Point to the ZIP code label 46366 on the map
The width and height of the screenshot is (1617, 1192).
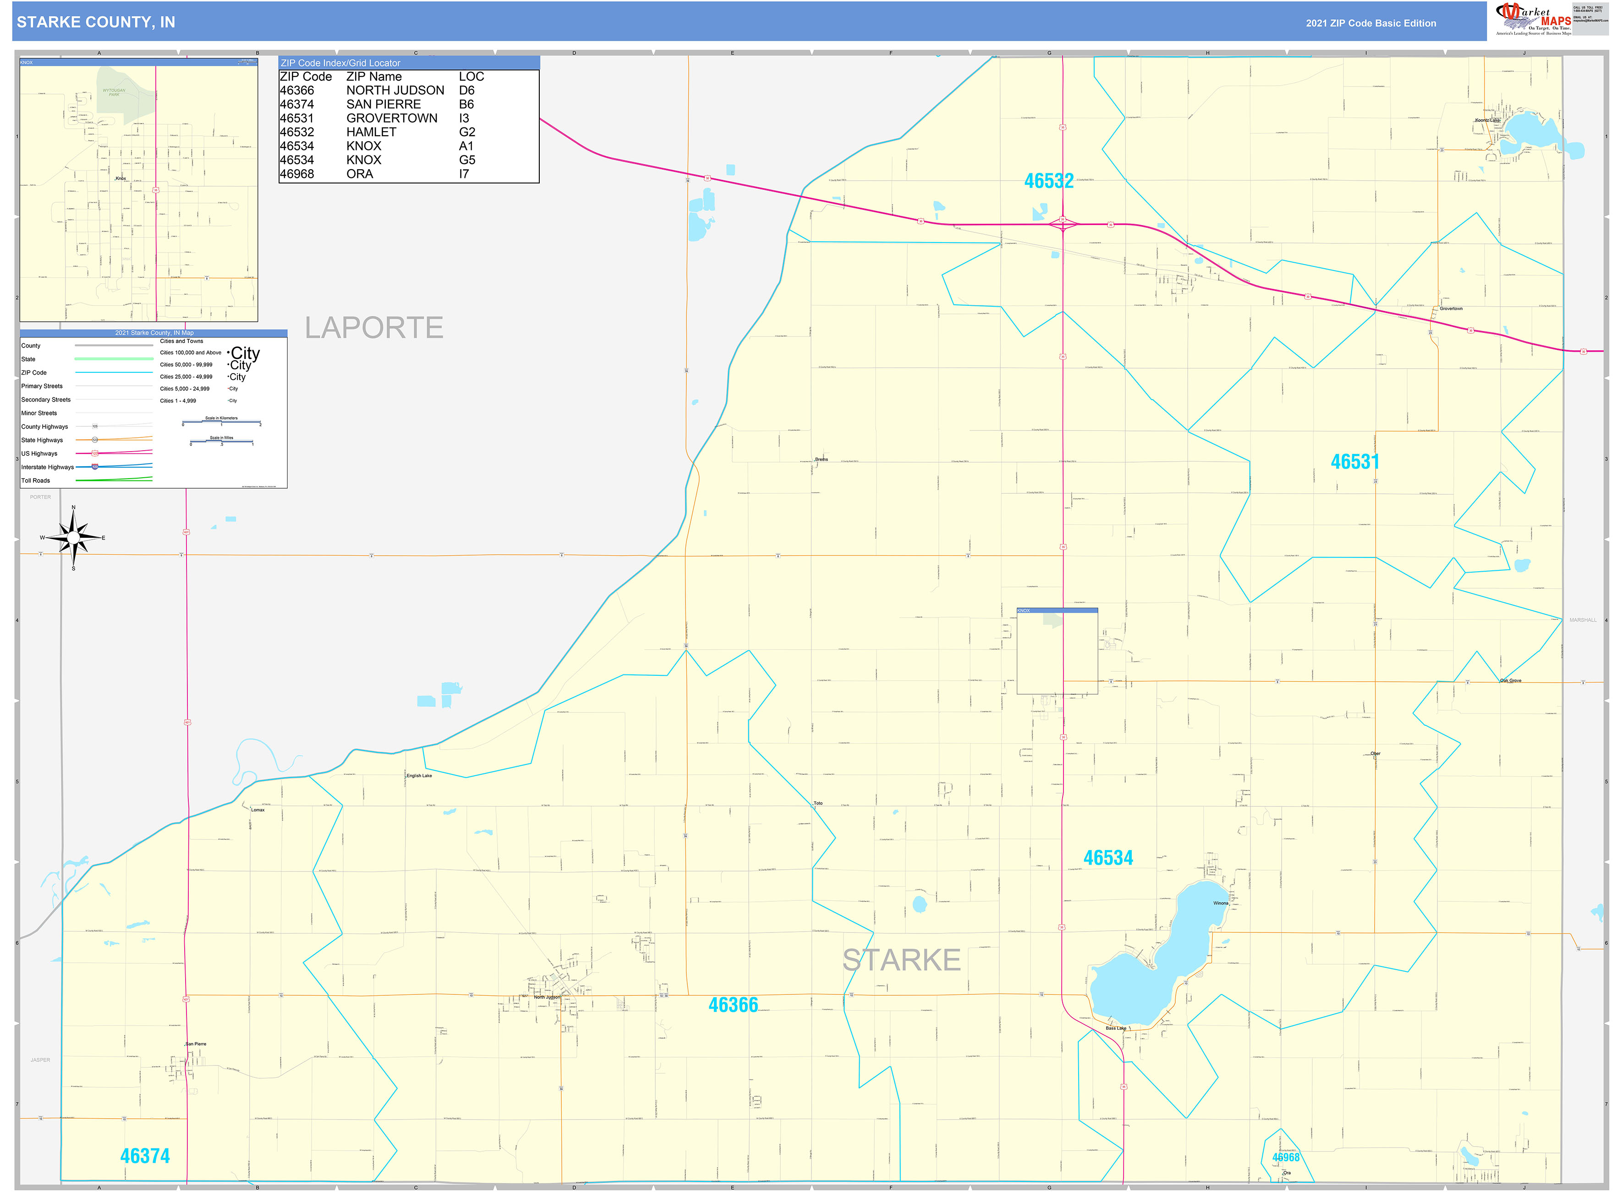[733, 1005]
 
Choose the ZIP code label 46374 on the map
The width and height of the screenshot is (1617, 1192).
[145, 1156]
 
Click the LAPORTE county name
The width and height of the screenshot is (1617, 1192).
[373, 328]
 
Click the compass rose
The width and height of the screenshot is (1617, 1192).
[74, 538]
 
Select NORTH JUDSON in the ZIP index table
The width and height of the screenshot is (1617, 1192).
[395, 90]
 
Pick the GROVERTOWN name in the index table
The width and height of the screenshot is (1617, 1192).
[392, 118]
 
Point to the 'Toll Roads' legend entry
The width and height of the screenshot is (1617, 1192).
[36, 480]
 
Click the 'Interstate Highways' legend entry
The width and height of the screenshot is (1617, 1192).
[48, 467]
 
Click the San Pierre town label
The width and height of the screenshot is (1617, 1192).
[196, 1044]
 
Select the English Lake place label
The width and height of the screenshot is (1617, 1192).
[419, 776]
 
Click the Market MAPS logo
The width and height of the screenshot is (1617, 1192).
[1533, 19]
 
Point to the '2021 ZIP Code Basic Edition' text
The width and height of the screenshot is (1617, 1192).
[1370, 23]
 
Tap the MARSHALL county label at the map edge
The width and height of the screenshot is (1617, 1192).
[1582, 620]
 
